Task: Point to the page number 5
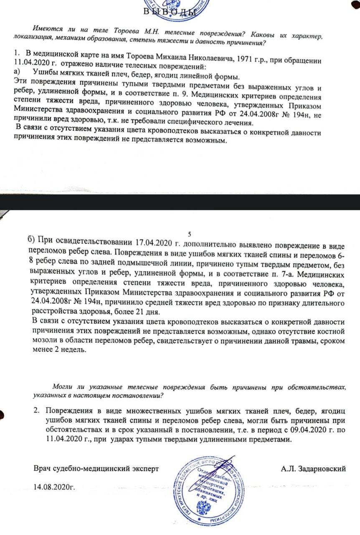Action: (190, 234)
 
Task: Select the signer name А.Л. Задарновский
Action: (314, 469)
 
